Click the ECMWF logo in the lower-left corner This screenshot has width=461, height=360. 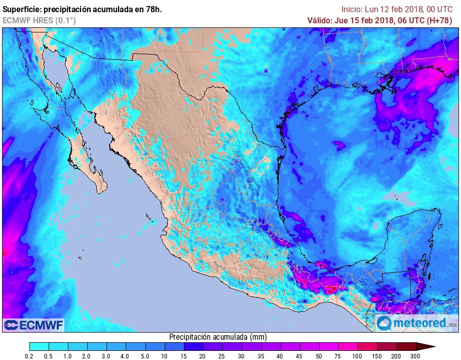[x=34, y=325]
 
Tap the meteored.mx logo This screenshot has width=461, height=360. [x=416, y=323]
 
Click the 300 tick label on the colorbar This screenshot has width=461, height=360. [x=416, y=356]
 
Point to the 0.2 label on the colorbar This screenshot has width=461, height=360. [x=30, y=356]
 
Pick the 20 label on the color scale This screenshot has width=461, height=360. [x=202, y=356]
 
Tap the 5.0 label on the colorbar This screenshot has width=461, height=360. [x=144, y=356]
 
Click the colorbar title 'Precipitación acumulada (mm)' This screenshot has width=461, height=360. [x=217, y=337]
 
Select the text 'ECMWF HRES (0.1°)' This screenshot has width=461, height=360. [x=39, y=20]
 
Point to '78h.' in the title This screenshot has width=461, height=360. [x=153, y=9]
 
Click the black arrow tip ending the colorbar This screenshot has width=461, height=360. [x=428, y=347]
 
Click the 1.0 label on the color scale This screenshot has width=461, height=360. [x=68, y=356]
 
